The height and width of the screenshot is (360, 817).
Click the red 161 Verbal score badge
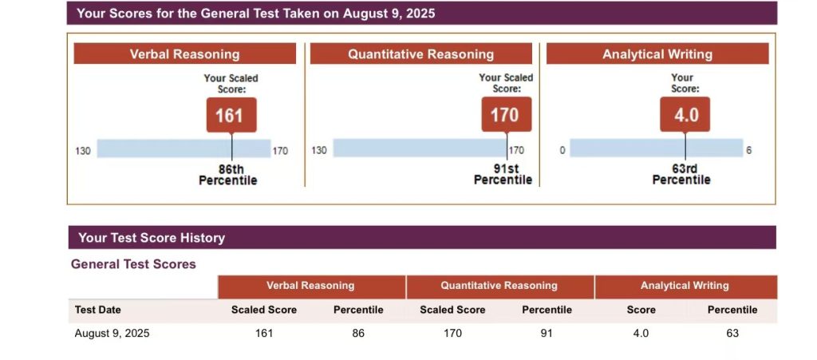coord(231,115)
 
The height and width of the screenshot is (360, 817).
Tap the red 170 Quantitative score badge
coord(505,115)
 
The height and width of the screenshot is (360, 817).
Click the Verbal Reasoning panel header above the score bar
coord(184,54)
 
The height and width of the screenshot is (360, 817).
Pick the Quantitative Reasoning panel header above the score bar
coord(420,54)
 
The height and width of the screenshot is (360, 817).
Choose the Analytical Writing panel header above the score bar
coord(657,54)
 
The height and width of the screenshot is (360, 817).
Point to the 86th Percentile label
coord(228,175)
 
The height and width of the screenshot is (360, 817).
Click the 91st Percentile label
coord(503,175)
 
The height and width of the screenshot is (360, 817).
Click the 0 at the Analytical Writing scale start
coord(562,150)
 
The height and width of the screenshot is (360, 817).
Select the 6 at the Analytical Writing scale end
coord(748,150)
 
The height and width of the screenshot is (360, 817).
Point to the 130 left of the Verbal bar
coord(83,150)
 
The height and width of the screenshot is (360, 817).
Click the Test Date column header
coord(98,310)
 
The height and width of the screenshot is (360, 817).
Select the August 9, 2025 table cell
coord(112,334)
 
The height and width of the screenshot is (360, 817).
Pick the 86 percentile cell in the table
coord(358,334)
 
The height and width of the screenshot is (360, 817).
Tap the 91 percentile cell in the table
coord(547,334)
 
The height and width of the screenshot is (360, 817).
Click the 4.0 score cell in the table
coord(641,334)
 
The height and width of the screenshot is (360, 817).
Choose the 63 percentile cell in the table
coord(732,334)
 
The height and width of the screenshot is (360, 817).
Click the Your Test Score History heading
coord(152,238)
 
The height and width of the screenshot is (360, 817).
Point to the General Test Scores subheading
coord(133,264)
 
